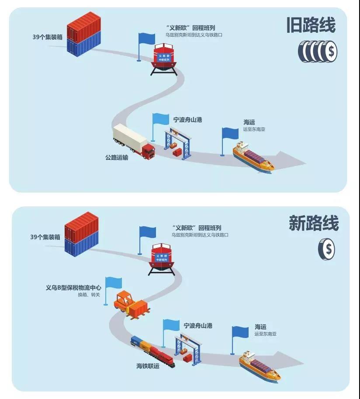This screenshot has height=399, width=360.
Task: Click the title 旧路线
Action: [311, 25]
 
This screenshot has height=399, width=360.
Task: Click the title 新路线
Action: [314, 223]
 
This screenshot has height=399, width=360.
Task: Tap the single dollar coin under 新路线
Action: [327, 249]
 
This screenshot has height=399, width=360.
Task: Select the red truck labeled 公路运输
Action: [134, 141]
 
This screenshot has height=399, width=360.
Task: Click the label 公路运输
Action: [117, 158]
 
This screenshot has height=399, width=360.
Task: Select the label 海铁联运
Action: [148, 366]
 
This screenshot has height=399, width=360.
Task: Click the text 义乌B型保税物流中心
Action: [73, 288]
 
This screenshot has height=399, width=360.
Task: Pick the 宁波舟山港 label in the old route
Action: [187, 120]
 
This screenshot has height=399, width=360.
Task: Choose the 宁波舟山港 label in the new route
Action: [198, 326]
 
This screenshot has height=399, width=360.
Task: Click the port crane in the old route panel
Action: [178, 144]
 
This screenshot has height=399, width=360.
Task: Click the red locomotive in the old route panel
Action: [163, 59]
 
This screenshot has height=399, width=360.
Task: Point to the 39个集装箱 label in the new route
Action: [45, 237]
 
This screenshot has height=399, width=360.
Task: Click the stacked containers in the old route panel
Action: [84, 34]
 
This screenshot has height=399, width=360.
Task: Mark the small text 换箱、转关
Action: [89, 295]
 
